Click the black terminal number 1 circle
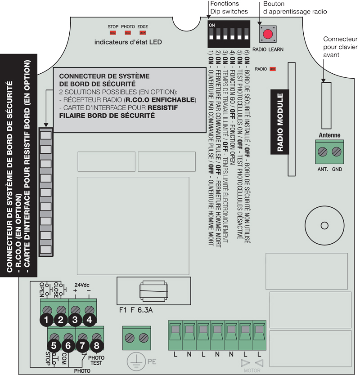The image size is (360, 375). pyautogui.click(x=46, y=320)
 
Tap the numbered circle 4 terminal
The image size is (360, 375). pyautogui.click(x=90, y=320)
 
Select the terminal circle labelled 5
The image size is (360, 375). pyautogui.click(x=54, y=346)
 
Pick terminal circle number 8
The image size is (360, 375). pyautogui.click(x=97, y=346)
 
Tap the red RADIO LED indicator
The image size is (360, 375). pyautogui.click(x=272, y=69)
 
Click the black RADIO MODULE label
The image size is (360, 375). pyautogui.click(x=279, y=122)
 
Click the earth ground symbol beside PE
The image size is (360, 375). pyautogui.click(x=133, y=360)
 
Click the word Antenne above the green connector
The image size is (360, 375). pyautogui.click(x=329, y=135)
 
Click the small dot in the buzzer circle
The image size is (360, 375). pyautogui.click(x=323, y=224)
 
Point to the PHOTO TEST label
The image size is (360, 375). pyautogui.click(x=96, y=360)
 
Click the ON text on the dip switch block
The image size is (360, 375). pyautogui.click(x=211, y=25)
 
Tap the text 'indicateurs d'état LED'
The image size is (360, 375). pyautogui.click(x=128, y=42)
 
